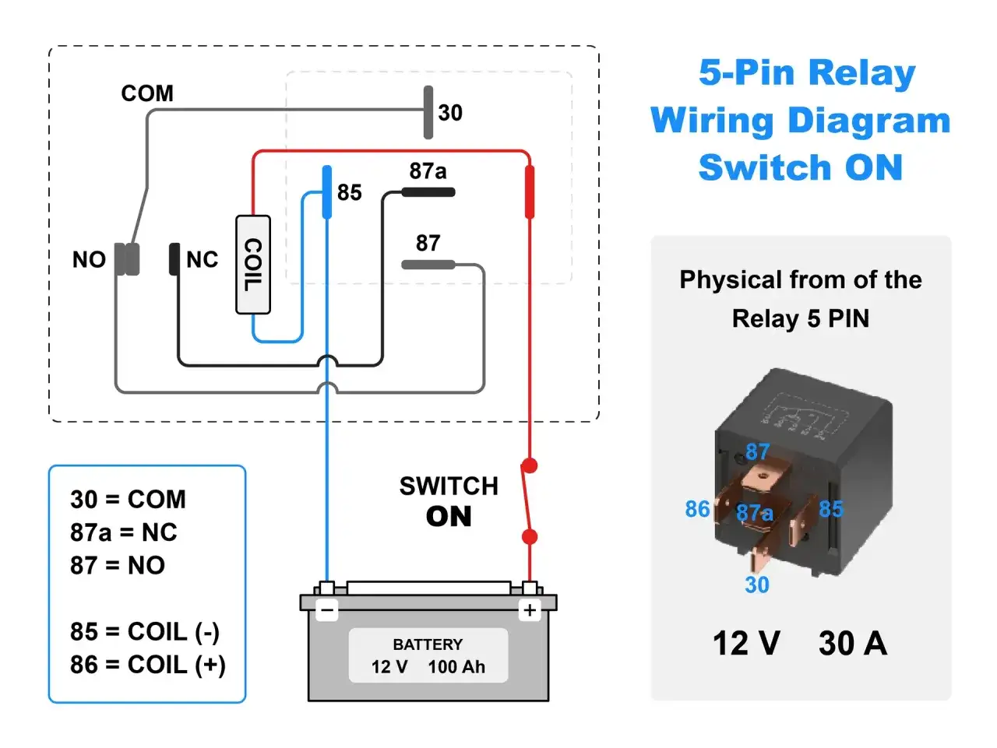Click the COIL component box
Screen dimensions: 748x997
[x=253, y=265]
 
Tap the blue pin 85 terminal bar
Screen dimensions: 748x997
[x=327, y=192]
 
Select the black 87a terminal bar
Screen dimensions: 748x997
[x=428, y=192]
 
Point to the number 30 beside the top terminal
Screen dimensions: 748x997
[x=450, y=113]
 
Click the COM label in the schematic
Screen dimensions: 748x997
[x=147, y=93]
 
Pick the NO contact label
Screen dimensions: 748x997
[x=89, y=259]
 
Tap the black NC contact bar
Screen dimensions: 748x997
[x=174, y=259]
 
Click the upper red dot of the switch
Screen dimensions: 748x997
[x=530, y=466]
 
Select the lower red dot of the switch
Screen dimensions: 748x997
[x=530, y=536]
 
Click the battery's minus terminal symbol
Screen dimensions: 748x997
[x=328, y=611]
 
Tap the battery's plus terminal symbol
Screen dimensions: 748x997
[x=530, y=610]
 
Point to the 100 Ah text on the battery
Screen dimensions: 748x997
[x=456, y=667]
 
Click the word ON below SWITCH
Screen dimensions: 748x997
[x=449, y=517]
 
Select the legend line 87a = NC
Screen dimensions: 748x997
[x=124, y=532]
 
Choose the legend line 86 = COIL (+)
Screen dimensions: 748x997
[x=148, y=665]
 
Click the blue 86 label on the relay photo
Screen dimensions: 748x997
[x=697, y=509]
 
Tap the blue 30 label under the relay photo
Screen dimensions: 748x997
[x=757, y=585]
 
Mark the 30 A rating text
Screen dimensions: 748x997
[x=853, y=644]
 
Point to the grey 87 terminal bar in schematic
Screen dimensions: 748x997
[x=428, y=265]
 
